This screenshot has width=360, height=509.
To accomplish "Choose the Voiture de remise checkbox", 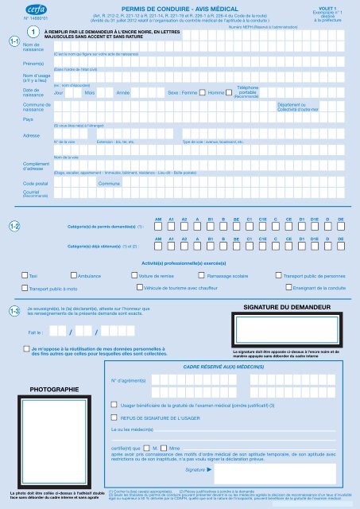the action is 133,274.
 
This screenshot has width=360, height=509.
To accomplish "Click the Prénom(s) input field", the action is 199,62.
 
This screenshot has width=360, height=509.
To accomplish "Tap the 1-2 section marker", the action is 14,227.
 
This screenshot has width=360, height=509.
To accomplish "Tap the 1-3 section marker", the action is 14,311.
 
